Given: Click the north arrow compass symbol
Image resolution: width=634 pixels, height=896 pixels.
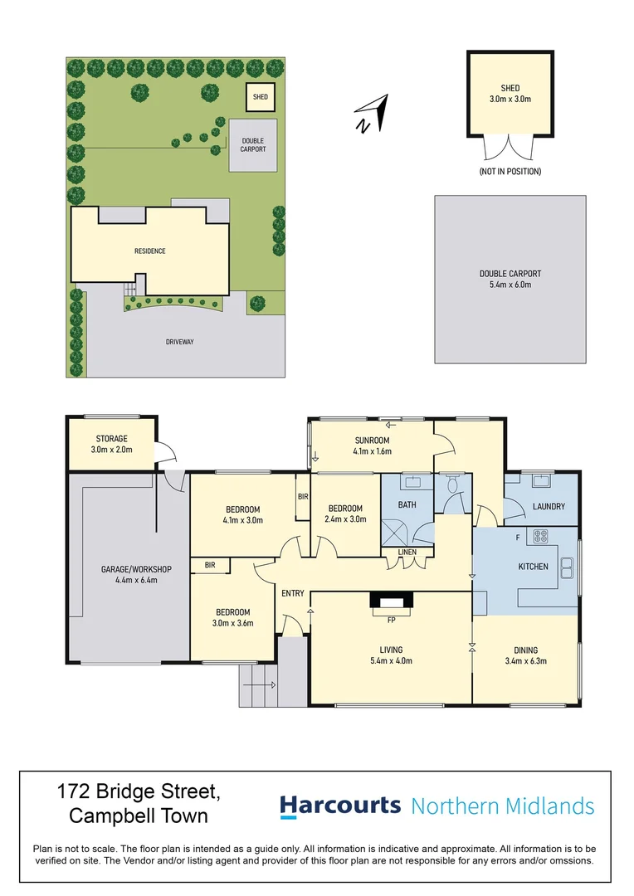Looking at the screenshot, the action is coord(373,114).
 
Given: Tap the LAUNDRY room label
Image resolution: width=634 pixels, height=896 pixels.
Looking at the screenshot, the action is coord(549,506).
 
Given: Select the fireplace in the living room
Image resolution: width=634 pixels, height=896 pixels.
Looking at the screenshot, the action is coord(391,601).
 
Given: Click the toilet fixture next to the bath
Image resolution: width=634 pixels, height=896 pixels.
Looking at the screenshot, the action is coord(453,485).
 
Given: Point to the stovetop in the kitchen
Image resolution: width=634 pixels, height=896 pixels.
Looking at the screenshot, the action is coord(540,537).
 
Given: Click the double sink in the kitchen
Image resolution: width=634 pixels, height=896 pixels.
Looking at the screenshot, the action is coord(567,568).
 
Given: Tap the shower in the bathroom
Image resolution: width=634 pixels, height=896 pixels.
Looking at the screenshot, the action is coord(396,534).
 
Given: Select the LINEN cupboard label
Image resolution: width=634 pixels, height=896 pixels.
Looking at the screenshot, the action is coord(407,552).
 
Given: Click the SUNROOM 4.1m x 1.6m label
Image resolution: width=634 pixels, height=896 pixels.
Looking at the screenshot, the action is coord(372,446).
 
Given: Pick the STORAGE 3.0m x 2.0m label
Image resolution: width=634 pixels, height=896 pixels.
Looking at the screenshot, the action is coord(111,444).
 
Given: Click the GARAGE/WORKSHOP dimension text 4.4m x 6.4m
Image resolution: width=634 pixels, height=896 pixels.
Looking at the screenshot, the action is coord(136,580).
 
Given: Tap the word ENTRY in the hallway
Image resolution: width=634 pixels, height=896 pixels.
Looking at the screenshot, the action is coord(293,593).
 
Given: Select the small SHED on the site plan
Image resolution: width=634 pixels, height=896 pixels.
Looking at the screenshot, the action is coord(260,97).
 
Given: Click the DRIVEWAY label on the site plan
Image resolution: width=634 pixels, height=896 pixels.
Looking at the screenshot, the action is coord(179,342).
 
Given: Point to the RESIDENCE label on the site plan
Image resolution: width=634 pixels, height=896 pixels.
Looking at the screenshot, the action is coord(149,251).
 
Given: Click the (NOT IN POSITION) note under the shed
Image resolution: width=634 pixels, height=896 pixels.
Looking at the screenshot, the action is coord(510,172).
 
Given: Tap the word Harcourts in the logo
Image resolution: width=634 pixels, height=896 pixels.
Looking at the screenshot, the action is coord(340,806).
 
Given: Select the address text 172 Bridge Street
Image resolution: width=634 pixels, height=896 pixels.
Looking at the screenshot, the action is coord(139,792).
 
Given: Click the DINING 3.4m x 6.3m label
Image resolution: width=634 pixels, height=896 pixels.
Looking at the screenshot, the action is coord(526,655).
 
